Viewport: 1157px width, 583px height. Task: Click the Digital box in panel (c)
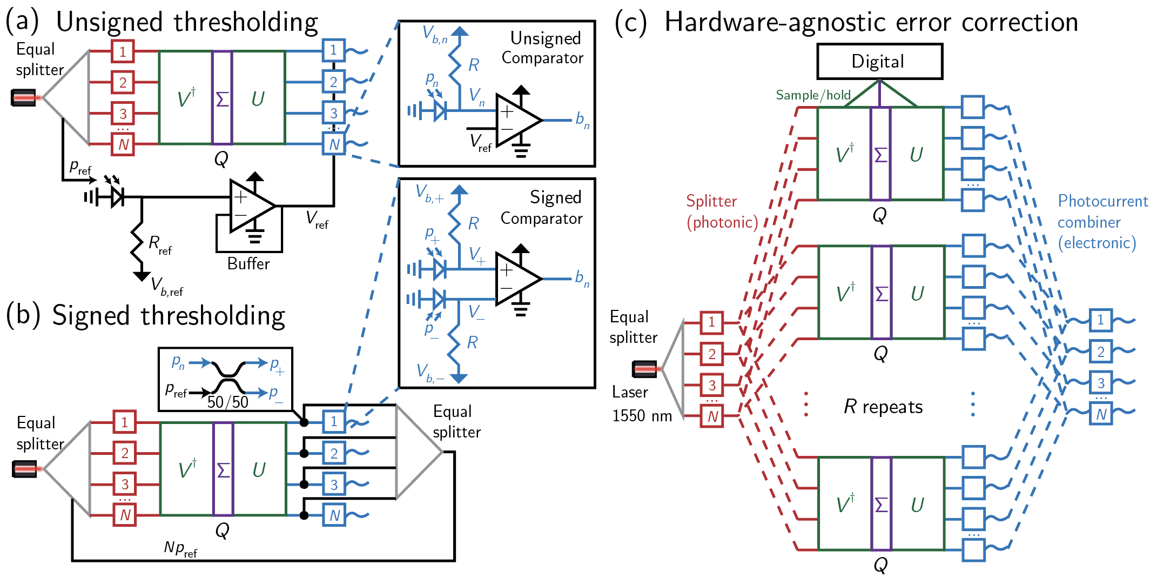click(879, 62)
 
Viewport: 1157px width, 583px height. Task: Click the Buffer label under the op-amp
click(248, 264)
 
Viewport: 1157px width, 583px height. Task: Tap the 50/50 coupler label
click(227, 402)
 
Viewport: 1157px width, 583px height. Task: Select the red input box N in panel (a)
click(123, 144)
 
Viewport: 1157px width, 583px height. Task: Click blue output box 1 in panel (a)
click(333, 50)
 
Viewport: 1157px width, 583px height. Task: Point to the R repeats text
click(883, 407)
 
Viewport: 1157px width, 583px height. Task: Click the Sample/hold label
click(813, 95)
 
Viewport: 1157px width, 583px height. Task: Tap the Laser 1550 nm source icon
click(644, 369)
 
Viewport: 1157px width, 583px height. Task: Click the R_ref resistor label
click(160, 244)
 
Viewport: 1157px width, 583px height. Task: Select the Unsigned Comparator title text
click(543, 48)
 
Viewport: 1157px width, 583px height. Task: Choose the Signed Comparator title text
click(542, 208)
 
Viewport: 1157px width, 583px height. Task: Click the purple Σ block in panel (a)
click(222, 98)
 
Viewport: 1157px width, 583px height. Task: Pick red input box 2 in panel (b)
click(124, 453)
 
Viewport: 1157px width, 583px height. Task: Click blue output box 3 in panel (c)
click(1100, 383)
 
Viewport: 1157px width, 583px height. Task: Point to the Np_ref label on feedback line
click(180, 549)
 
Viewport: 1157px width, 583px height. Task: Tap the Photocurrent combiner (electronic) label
click(1102, 222)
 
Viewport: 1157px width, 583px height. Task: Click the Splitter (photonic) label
click(722, 211)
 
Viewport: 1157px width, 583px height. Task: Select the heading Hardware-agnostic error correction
click(871, 23)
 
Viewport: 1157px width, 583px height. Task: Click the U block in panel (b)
click(259, 469)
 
